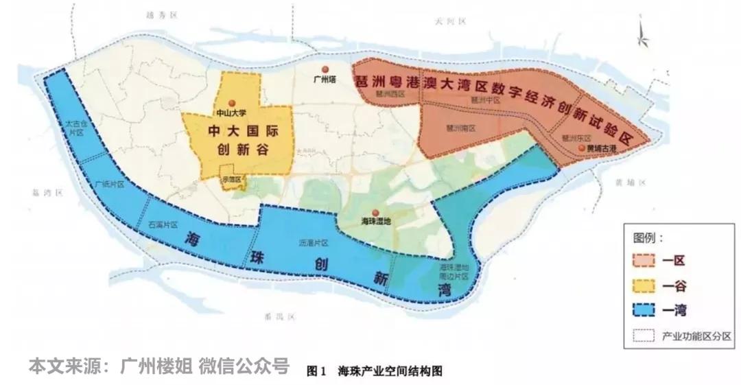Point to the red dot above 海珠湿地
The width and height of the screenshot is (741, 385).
coord(375,213)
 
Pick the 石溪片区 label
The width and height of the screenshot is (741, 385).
coord(163,224)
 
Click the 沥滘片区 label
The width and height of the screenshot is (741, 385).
coord(314,243)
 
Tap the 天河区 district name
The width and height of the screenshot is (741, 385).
coord(450,22)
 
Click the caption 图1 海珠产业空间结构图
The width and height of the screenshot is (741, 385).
coord(375,371)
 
